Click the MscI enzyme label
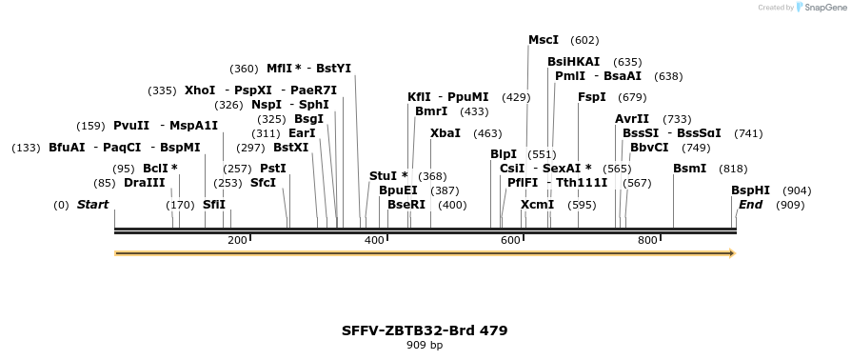(544, 40)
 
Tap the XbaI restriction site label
(445, 133)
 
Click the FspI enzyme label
(592, 97)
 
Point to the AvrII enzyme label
(632, 119)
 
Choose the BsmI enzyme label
(690, 169)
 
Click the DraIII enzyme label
(145, 183)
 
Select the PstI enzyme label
(273, 169)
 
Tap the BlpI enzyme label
(504, 154)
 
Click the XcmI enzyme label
(538, 205)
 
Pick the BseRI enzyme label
(406, 205)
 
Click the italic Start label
(92, 205)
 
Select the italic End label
(751, 205)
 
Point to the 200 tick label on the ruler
(237, 241)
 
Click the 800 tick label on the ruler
(647, 241)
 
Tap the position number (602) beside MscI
(584, 40)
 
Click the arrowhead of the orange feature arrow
(732, 253)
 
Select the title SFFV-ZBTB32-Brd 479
(425, 330)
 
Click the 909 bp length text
(425, 346)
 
